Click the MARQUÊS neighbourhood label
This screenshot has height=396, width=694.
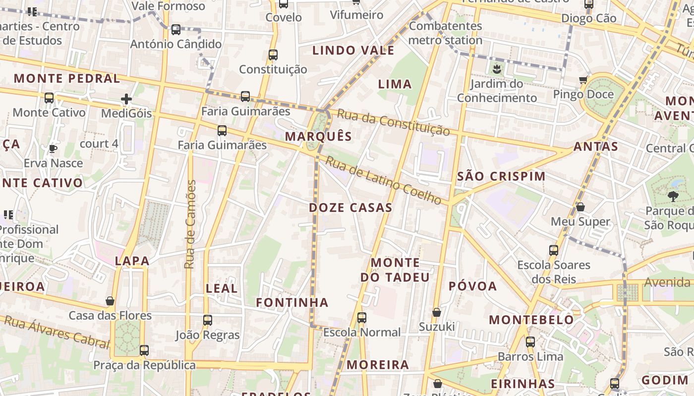tap(319, 137)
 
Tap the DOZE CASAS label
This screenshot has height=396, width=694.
tap(350, 207)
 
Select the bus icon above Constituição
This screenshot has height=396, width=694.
tap(273, 55)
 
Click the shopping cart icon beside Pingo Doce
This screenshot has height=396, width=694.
tap(583, 80)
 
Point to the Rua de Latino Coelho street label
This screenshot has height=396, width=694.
tap(383, 180)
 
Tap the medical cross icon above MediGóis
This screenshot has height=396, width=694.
tap(126, 99)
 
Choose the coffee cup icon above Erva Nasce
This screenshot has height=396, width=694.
tap(53, 148)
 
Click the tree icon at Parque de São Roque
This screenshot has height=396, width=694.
tap(673, 197)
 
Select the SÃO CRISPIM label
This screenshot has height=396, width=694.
tap(501, 176)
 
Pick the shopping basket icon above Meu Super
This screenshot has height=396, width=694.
tap(580, 207)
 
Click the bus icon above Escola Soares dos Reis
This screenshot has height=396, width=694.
tap(554, 250)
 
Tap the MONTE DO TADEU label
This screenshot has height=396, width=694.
tap(395, 270)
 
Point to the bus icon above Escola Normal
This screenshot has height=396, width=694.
tap(362, 318)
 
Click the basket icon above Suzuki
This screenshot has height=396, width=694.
tap(437, 312)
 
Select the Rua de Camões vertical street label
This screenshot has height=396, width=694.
tap(190, 224)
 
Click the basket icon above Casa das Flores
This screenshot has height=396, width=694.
tap(110, 301)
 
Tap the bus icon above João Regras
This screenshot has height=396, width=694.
tap(208, 320)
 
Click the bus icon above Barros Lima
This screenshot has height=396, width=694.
tap(530, 342)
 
